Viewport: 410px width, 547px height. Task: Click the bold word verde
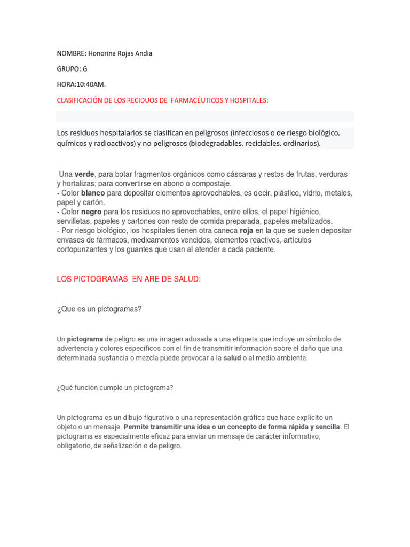[x=84, y=174]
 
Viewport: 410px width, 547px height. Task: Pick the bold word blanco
[x=93, y=192]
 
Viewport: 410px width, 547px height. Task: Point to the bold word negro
[x=91, y=212]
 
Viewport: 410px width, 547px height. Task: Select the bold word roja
[x=247, y=231]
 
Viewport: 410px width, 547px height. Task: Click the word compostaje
[x=212, y=183]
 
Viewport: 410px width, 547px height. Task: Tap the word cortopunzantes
[x=85, y=249]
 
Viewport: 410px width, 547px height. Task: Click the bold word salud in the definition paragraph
[x=232, y=358]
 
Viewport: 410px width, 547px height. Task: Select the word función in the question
[x=86, y=388]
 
